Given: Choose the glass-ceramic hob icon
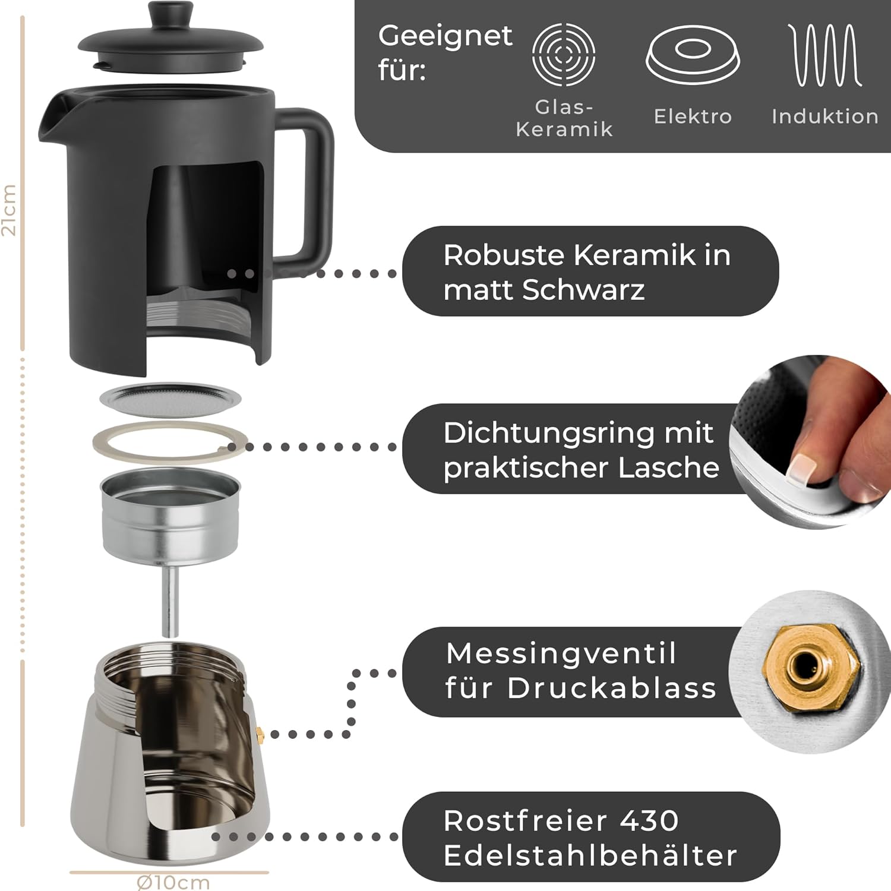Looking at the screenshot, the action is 564,55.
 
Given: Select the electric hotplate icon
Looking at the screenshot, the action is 693,55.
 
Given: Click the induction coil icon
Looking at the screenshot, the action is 824,55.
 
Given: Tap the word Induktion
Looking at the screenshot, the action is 825,116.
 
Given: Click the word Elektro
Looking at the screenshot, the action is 693,116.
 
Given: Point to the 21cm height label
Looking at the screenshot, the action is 9,210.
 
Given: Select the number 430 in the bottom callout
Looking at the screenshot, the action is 649,821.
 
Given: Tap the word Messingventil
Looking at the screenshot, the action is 561,653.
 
